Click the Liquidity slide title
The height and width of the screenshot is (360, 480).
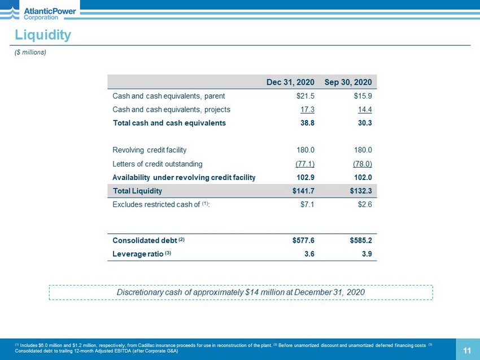[x=43, y=35]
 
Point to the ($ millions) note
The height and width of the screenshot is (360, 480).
[x=30, y=52]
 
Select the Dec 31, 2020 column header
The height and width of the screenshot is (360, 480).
[x=290, y=82]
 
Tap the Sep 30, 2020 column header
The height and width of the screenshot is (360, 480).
[x=348, y=82]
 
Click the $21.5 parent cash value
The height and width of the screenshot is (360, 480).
[x=303, y=96]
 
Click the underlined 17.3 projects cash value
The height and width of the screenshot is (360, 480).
[x=307, y=109]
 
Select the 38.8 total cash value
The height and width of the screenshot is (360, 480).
[x=307, y=122]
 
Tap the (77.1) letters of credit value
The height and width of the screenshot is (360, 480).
[x=305, y=164]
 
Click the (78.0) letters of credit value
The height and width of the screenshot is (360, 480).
[x=362, y=164]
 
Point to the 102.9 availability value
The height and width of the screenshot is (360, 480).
[x=305, y=177]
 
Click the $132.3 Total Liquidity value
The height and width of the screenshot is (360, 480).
[x=361, y=191]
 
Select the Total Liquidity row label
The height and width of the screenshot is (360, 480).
[x=137, y=191]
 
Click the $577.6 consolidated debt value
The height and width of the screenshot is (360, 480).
[x=303, y=240]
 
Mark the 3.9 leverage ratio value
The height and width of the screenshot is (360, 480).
[x=366, y=253]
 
